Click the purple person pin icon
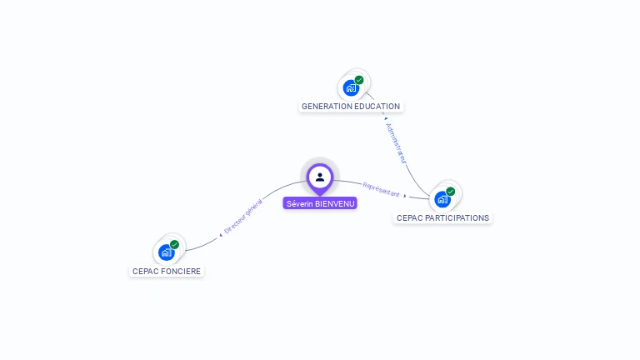click(x=320, y=177)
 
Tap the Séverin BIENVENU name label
click(x=320, y=203)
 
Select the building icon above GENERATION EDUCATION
click(x=351, y=87)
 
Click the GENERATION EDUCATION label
click(x=351, y=107)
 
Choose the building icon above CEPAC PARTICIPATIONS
click(x=442, y=198)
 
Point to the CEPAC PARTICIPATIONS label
click(x=442, y=217)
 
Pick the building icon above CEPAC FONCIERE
click(x=167, y=252)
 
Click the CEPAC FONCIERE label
click(x=167, y=271)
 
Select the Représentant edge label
click(x=381, y=189)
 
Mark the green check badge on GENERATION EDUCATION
click(x=359, y=80)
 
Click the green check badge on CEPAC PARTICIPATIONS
click(x=451, y=191)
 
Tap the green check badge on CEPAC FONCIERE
click(x=174, y=244)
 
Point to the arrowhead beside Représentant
click(x=405, y=196)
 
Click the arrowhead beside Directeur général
click(x=220, y=235)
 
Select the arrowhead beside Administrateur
click(x=386, y=118)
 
